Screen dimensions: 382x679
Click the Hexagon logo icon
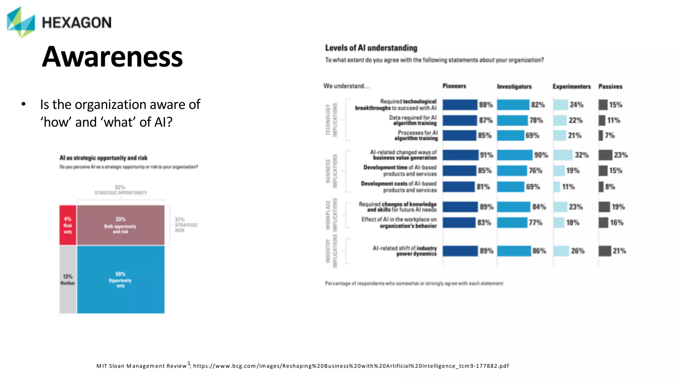(21, 22)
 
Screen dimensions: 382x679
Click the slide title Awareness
(112, 57)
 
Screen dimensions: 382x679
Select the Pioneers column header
(454, 86)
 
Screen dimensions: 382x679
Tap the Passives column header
(610, 87)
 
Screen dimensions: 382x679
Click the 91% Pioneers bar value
(486, 155)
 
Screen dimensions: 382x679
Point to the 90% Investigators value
(541, 155)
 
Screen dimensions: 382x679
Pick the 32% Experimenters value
(582, 155)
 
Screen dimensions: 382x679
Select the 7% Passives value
(609, 135)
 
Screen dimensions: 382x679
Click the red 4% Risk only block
(68, 225)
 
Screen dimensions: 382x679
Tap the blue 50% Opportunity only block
(121, 280)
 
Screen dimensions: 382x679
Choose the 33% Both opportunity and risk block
(120, 225)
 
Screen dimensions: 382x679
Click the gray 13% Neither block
(68, 280)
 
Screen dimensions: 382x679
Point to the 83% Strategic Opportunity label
(120, 190)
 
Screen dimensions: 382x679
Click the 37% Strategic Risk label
(185, 225)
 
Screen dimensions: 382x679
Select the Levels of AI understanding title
(371, 48)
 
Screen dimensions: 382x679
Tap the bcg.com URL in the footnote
(351, 366)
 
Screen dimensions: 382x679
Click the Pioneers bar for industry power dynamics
(460, 251)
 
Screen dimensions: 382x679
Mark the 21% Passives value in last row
(619, 251)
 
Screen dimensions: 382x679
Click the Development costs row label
(399, 187)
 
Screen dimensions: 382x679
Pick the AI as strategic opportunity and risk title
(103, 158)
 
